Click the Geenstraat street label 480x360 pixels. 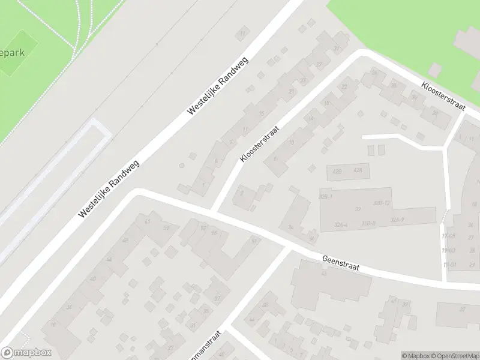(340, 262)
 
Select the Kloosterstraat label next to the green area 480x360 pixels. (444, 95)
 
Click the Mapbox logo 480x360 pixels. (26, 353)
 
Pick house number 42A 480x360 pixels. (359, 171)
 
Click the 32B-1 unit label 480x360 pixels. (326, 196)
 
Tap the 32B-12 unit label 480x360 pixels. (382, 203)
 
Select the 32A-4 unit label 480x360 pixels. (340, 224)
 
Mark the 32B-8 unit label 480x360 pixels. (368, 223)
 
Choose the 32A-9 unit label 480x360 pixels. (397, 220)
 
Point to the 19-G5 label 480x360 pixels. (448, 236)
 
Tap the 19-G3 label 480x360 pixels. (449, 250)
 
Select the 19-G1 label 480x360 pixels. (449, 265)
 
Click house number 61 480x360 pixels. (148, 221)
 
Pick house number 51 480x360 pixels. (254, 241)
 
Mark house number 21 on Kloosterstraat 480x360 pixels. (292, 92)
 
